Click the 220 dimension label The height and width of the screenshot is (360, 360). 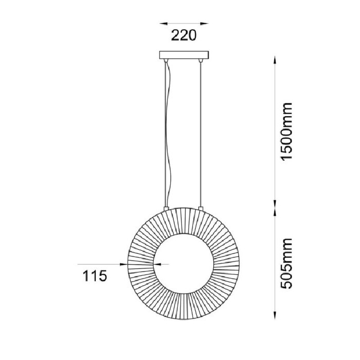[x=184, y=36]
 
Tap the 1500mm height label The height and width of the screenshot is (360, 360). [x=287, y=131]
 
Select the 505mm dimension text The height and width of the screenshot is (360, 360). [x=287, y=263]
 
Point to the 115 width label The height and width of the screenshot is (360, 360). [x=95, y=276]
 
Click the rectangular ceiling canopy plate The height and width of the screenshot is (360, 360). [x=184, y=55]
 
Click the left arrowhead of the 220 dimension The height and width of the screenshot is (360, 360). [x=163, y=23]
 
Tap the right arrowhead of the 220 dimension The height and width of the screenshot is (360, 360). [x=204, y=23]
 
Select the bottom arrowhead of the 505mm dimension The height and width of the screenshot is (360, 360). [x=275, y=315]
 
